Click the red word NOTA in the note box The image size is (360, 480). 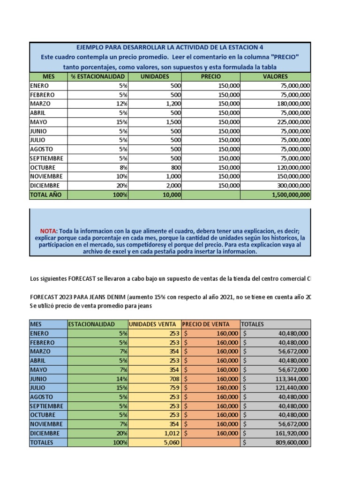[48, 231]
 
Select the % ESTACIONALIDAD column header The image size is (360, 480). [97, 76]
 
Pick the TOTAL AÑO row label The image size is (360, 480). [45, 195]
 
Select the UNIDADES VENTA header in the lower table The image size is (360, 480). [153, 324]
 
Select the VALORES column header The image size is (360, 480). [275, 76]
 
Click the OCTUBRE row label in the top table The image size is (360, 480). [43, 167]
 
